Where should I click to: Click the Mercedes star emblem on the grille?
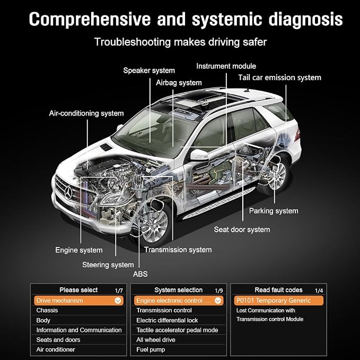[68, 192]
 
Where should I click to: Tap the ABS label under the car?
[141, 274]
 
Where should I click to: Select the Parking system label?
[274, 211]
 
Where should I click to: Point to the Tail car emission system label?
[279, 77]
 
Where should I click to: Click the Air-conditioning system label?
[86, 113]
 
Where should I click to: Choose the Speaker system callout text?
[149, 71]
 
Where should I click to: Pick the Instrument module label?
[226, 66]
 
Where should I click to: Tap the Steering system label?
[108, 265]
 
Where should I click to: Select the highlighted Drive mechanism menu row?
[78, 301]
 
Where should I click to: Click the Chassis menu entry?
[47, 310]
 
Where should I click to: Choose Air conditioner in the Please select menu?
[56, 349]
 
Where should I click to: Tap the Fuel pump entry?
[151, 349]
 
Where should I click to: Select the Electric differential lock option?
[167, 320]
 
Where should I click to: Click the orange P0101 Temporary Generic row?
[279, 301]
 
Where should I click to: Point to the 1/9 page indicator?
[219, 291]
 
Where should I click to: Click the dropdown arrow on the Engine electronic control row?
[218, 301]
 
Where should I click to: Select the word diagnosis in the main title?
[305, 20]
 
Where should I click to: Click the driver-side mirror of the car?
[198, 155]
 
